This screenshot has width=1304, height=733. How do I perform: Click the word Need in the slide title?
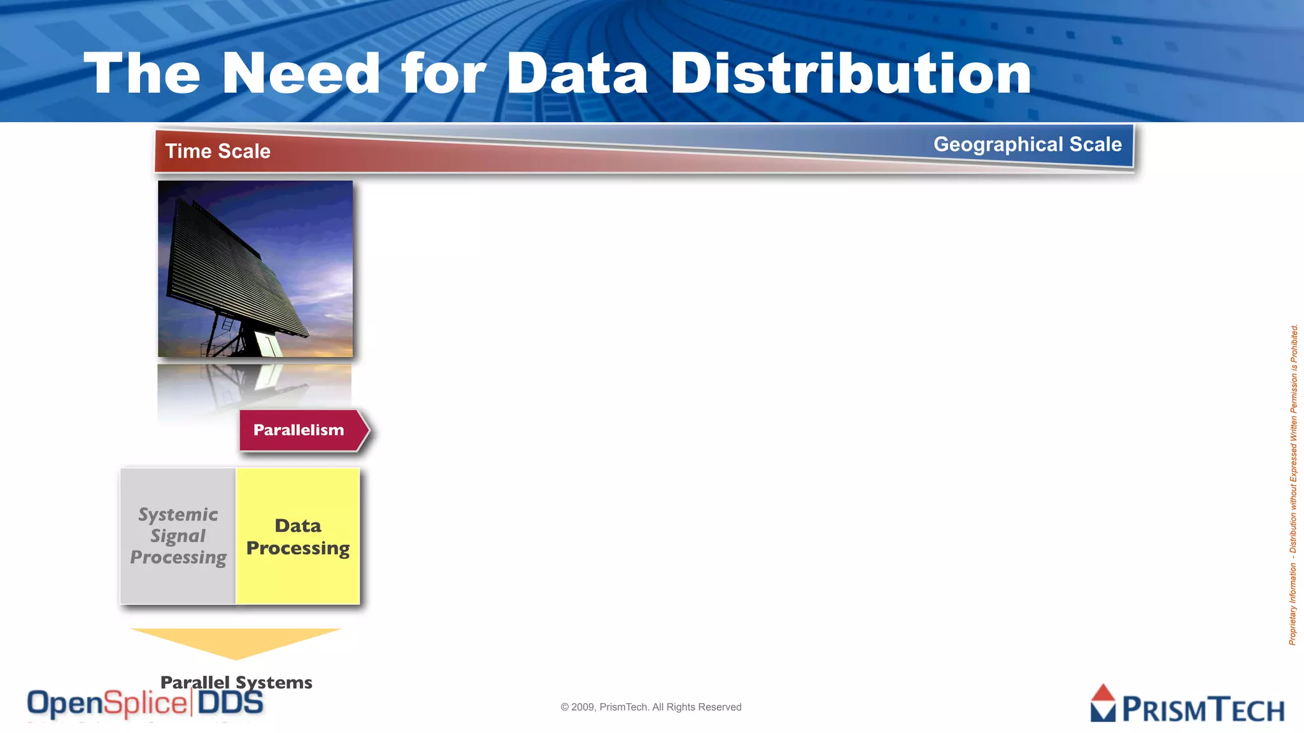301,74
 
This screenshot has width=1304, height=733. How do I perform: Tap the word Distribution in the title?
851,74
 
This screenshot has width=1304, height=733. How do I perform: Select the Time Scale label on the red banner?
218,151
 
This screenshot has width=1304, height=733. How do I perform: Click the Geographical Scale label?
1027,144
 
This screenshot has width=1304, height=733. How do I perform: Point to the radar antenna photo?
255,269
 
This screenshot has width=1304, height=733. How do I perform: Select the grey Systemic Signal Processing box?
178,536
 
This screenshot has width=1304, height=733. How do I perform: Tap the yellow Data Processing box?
298,536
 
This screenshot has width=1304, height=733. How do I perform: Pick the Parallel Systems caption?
236,682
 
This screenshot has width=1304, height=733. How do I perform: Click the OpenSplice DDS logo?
145,704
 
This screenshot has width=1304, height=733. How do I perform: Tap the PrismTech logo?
1187,704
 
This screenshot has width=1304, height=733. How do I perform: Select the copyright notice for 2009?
651,707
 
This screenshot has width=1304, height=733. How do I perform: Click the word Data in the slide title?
577,74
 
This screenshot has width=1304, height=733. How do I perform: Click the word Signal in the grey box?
178,536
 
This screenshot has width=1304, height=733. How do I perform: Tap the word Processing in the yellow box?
298,548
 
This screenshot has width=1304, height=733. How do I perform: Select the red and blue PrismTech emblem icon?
1103,703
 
